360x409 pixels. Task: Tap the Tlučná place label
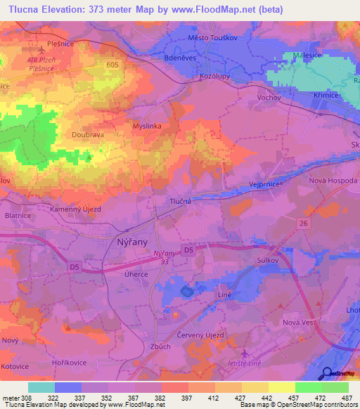(x=181, y=201)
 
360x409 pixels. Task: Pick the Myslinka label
(x=148, y=126)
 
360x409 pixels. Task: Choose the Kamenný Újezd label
(x=76, y=209)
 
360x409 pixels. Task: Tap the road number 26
(x=303, y=224)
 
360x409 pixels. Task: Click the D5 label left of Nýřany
(x=75, y=266)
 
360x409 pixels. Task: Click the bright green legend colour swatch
(x=309, y=387)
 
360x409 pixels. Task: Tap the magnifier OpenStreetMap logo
(x=326, y=373)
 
